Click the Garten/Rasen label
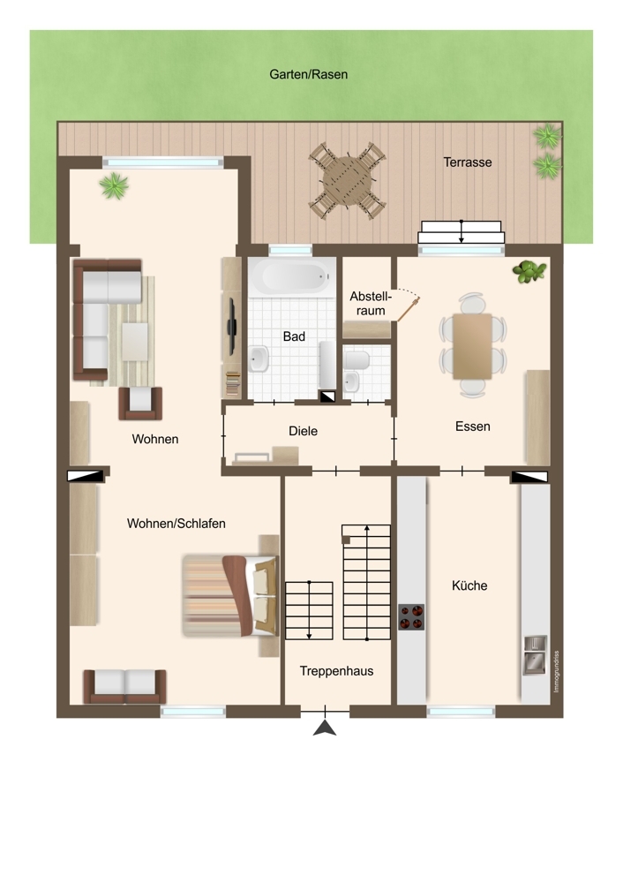tap(308, 74)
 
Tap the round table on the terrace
tap(347, 181)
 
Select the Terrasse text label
tap(467, 162)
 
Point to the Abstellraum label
tap(371, 303)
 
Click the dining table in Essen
tap(472, 346)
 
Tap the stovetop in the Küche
tap(411, 616)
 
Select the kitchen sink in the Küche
tap(536, 655)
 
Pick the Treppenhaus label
tap(336, 671)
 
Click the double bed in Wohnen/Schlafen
tap(230, 596)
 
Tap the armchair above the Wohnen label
tap(140, 404)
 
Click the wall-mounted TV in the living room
tap(231, 327)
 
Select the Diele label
tap(303, 432)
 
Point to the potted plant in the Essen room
tap(529, 271)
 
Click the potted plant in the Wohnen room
tap(114, 185)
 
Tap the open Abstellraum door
tap(409, 309)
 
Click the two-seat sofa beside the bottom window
tap(124, 686)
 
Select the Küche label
tap(469, 585)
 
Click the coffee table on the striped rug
tap(135, 341)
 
